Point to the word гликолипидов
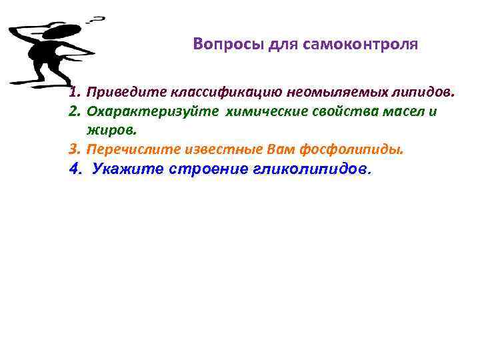tap(310, 169)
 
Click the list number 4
tap(74, 169)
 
